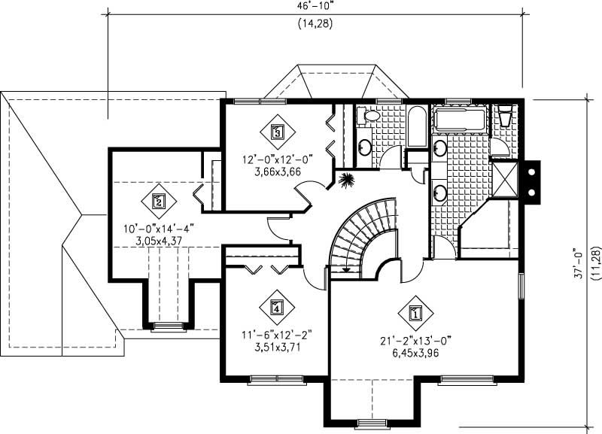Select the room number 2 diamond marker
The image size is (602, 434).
click(x=158, y=200)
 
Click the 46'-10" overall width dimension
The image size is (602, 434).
click(x=315, y=6)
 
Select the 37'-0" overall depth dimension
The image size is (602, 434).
click(x=579, y=264)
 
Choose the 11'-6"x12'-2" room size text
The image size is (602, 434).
click(x=276, y=335)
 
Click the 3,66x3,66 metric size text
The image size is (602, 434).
click(x=278, y=171)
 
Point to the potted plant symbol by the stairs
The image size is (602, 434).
click(x=348, y=181)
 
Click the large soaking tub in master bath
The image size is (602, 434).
click(x=461, y=120)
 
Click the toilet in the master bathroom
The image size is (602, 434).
click(x=505, y=117)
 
